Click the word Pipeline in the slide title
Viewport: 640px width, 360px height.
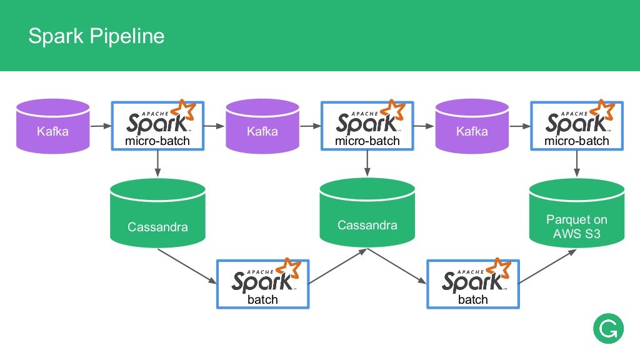click(x=127, y=36)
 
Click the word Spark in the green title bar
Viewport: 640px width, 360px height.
click(x=56, y=36)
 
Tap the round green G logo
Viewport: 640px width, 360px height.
click(x=608, y=329)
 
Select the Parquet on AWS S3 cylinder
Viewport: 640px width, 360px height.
click(x=577, y=212)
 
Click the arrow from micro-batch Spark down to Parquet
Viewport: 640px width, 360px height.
click(x=577, y=164)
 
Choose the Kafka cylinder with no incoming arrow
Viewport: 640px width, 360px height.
click(x=52, y=126)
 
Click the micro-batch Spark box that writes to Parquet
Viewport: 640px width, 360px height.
click(x=577, y=126)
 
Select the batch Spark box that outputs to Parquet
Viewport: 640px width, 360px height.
click(x=473, y=284)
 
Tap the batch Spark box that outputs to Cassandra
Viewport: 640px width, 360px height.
click(x=263, y=284)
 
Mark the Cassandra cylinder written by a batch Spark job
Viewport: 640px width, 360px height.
click(x=367, y=212)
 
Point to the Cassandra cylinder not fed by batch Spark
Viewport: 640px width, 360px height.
click(x=157, y=213)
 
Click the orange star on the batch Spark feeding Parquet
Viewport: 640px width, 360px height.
click(x=498, y=267)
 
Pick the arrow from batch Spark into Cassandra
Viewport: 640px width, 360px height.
click(x=338, y=266)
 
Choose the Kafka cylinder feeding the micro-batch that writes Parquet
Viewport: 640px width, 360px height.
click(x=472, y=126)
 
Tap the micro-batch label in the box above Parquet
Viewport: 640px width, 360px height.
click(x=577, y=141)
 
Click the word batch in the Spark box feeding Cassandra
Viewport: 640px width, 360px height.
click(x=263, y=299)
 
